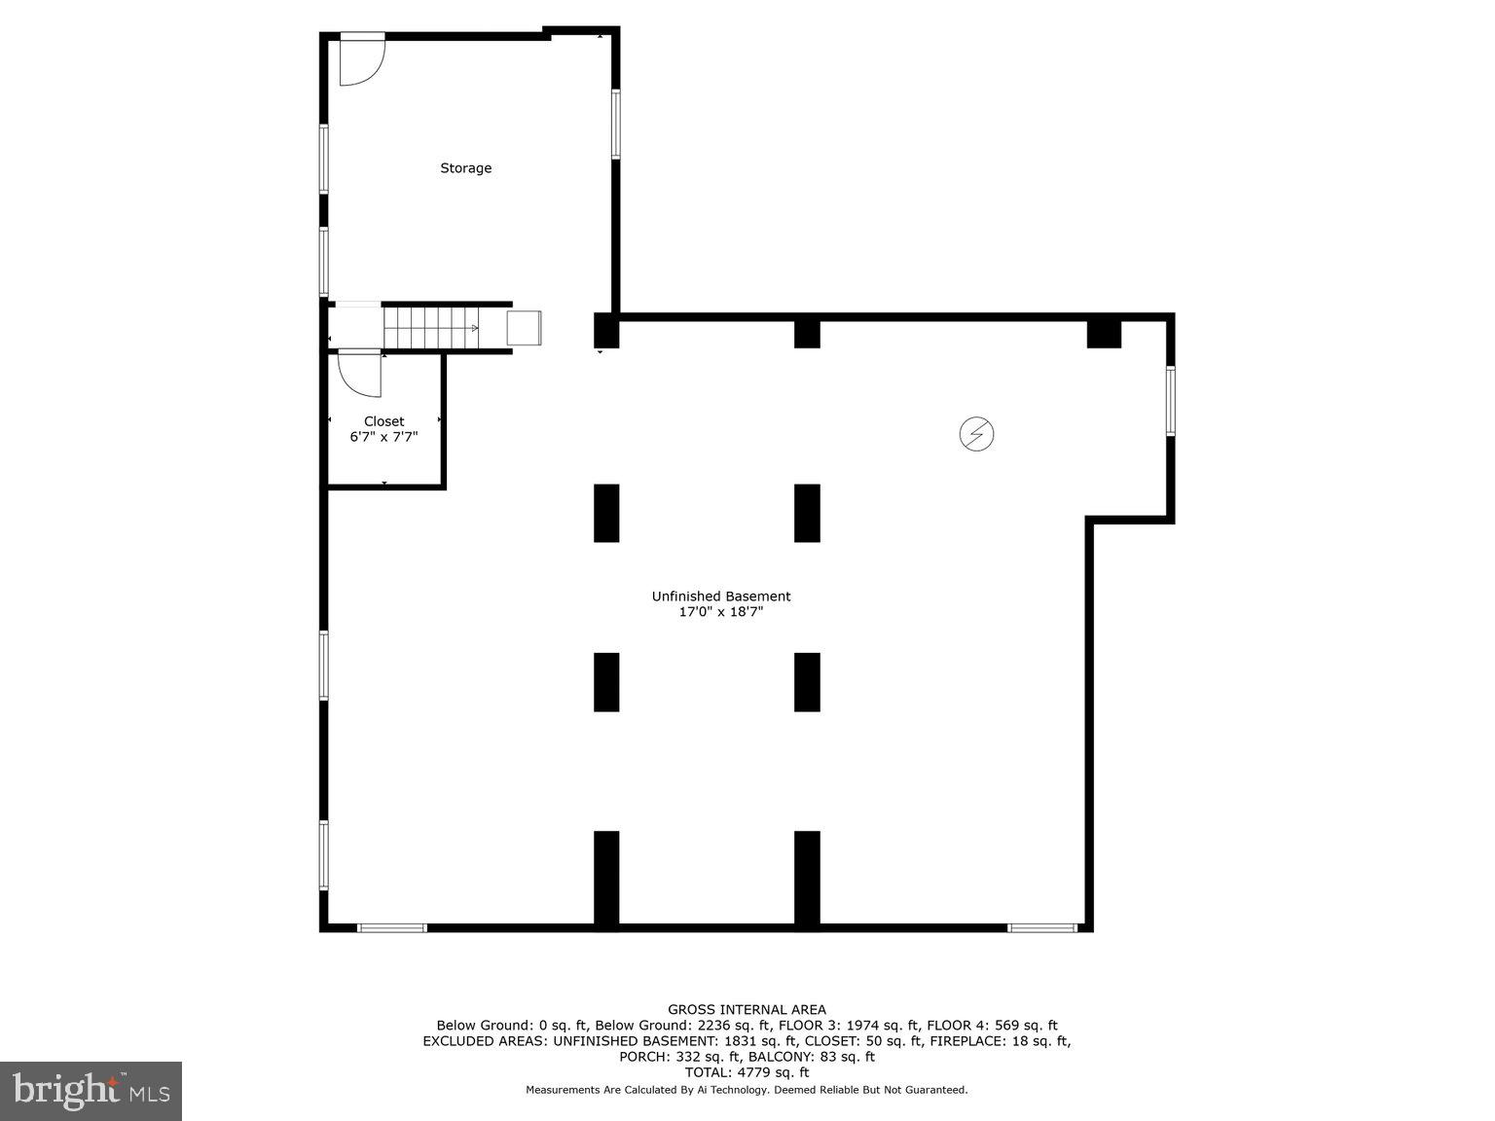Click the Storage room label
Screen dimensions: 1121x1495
click(465, 168)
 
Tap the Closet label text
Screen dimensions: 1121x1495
click(383, 421)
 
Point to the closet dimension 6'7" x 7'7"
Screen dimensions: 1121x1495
click(383, 437)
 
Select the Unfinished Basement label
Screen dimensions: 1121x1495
click(720, 597)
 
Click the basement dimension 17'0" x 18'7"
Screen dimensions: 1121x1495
click(720, 612)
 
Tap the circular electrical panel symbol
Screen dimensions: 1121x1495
click(976, 434)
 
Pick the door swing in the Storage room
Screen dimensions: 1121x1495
click(361, 60)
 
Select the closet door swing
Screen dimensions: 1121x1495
click(360, 375)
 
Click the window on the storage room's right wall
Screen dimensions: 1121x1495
click(615, 124)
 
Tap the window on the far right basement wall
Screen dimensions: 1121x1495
click(1171, 401)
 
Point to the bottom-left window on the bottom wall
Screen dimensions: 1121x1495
click(392, 928)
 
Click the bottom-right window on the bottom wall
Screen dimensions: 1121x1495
click(1041, 928)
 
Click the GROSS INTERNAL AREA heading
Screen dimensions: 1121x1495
click(747, 1010)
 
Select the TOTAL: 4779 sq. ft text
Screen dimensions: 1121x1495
click(747, 1072)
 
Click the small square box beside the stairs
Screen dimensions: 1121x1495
click(524, 328)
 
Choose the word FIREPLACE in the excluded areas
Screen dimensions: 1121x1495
click(963, 1041)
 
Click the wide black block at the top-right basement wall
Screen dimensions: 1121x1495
click(1104, 333)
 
